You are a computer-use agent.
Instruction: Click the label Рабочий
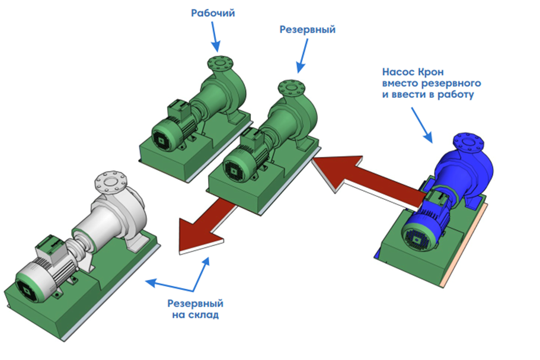(213, 13)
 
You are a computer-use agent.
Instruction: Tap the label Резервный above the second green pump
(307, 30)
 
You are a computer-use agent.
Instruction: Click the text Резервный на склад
(195, 309)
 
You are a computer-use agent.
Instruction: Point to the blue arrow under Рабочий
(215, 37)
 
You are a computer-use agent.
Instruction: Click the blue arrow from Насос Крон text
(422, 125)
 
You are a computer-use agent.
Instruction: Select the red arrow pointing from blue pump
(368, 179)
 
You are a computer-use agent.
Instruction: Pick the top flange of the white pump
(110, 181)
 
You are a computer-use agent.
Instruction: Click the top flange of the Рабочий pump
(220, 63)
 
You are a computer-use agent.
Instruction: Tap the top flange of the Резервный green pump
(292, 88)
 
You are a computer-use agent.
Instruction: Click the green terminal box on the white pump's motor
(49, 246)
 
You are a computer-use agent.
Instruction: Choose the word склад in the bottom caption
(205, 315)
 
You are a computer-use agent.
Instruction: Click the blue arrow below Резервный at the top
(302, 56)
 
